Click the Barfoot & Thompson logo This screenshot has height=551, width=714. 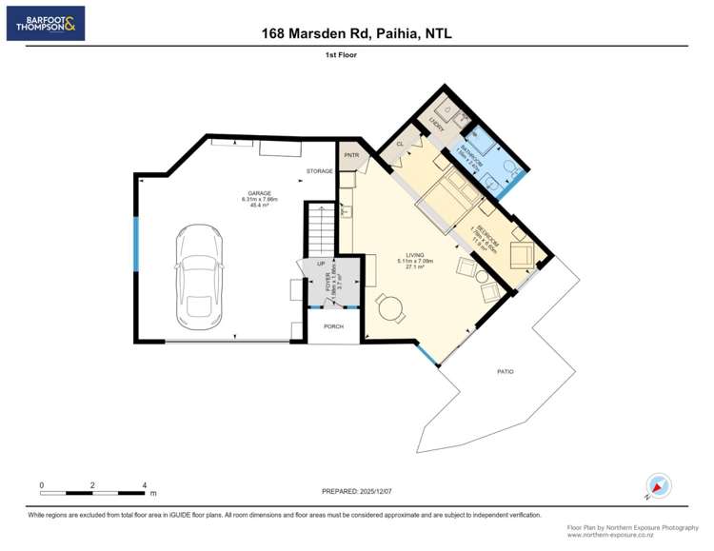46,23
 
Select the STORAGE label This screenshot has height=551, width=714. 319,171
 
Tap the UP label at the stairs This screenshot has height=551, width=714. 321,264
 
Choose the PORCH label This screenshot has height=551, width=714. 333,326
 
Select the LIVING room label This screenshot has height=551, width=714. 415,255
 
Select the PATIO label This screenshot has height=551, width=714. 505,371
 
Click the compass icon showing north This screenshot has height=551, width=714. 658,485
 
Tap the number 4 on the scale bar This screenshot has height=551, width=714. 144,484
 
